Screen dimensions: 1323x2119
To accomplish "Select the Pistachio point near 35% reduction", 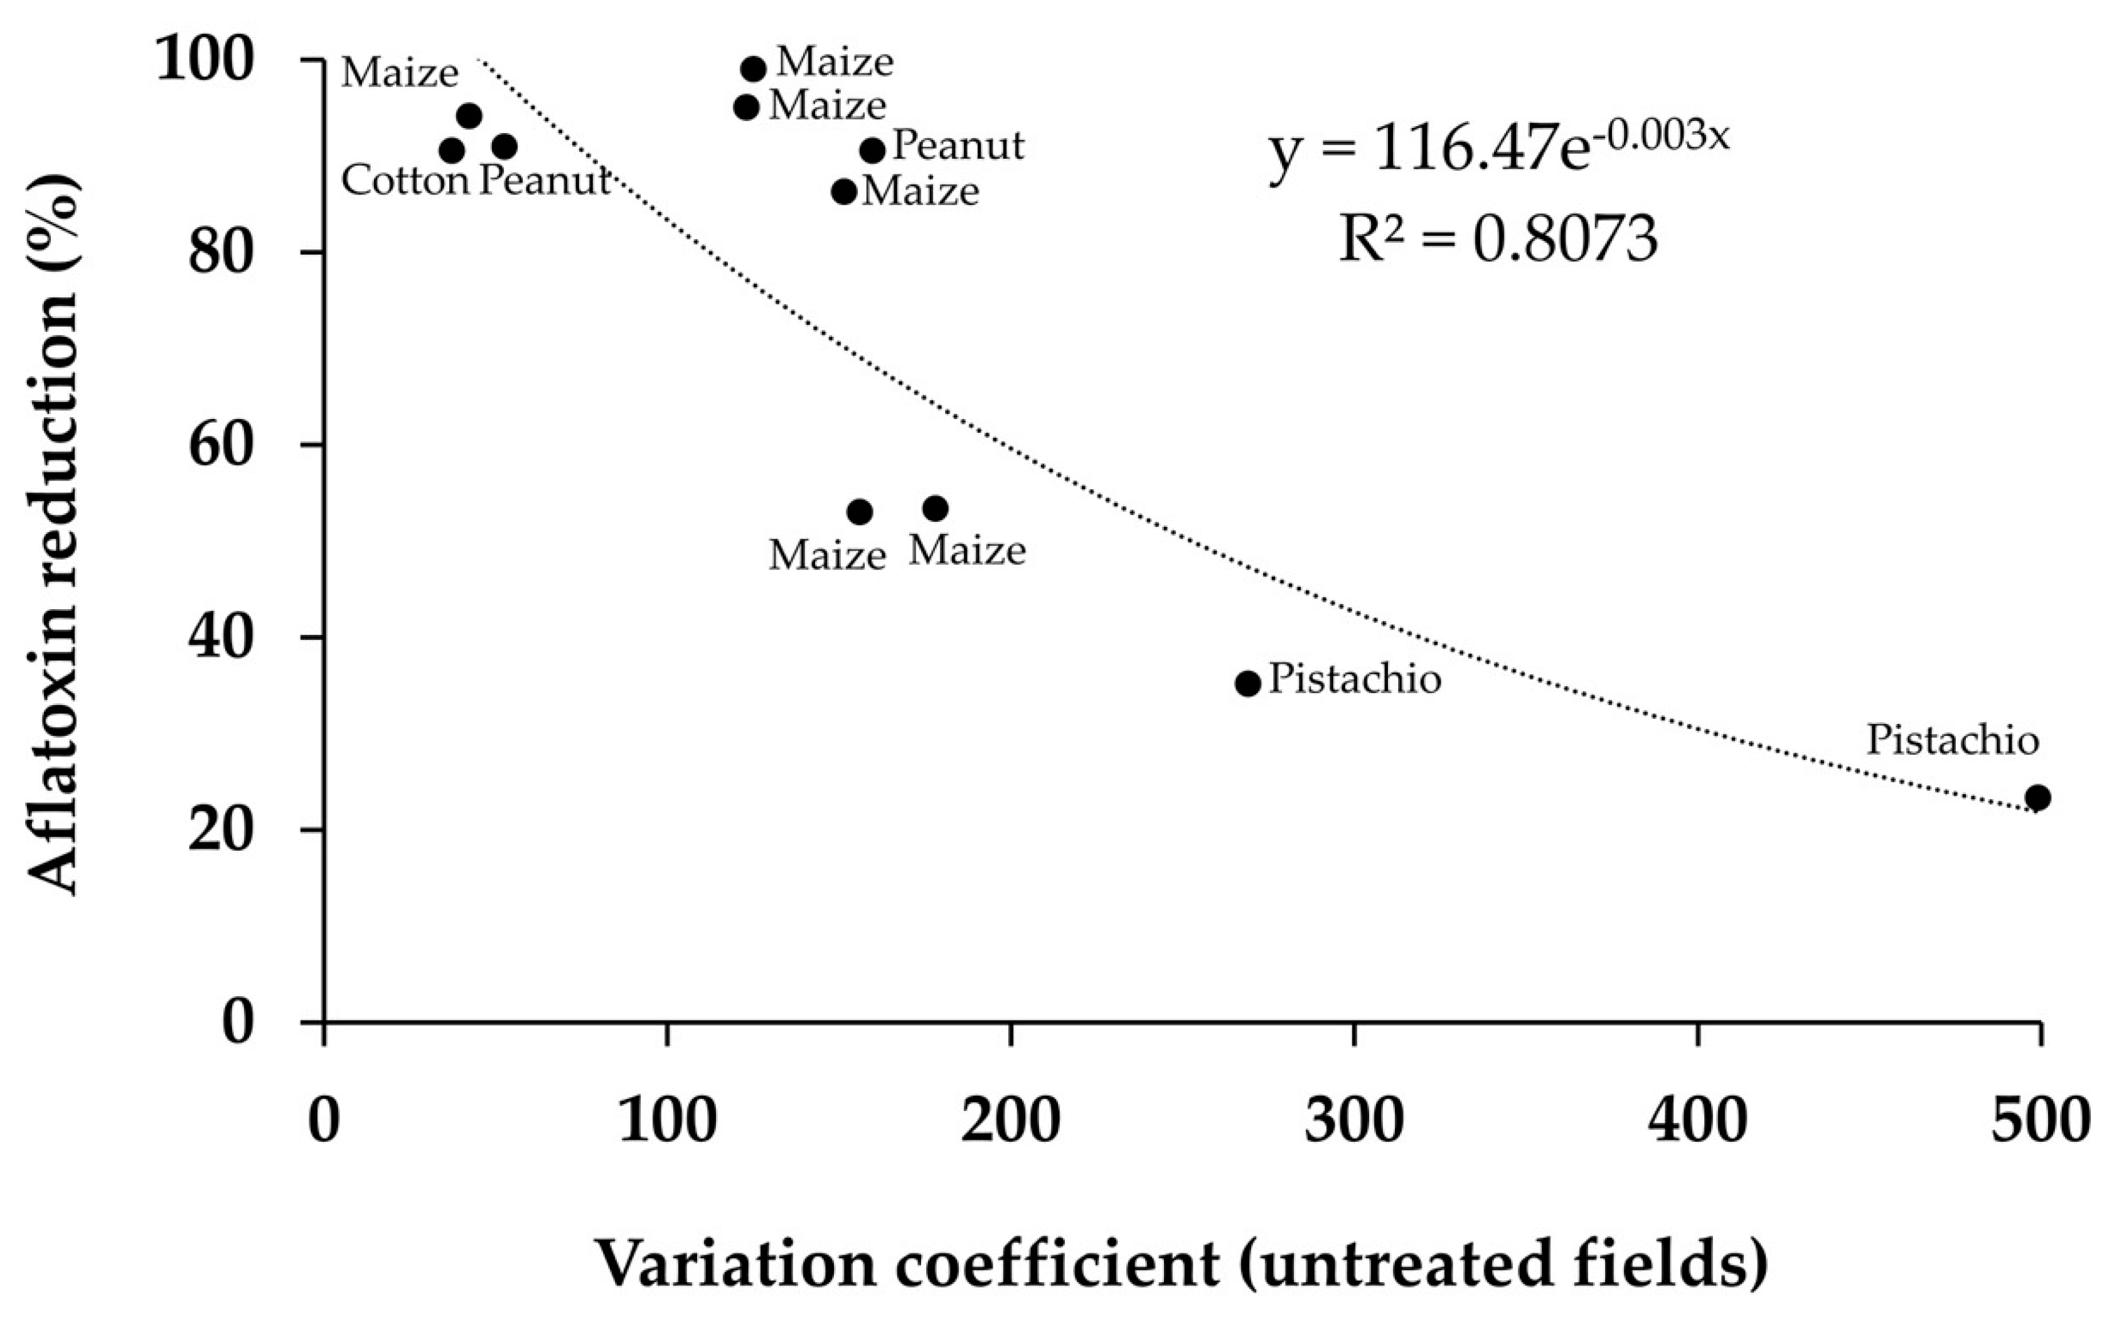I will pyautogui.click(x=1248, y=683).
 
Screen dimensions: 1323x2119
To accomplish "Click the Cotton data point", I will pyautogui.click(x=452, y=151).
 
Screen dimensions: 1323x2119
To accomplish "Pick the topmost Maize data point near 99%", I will pyautogui.click(x=754, y=68).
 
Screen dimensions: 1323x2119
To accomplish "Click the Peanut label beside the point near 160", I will pyautogui.click(x=958, y=146).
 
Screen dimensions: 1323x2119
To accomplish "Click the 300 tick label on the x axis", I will pyautogui.click(x=1354, y=1121).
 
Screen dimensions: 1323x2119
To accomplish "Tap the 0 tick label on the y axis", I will pyautogui.click(x=237, y=1022).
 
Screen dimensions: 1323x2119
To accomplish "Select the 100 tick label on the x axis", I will pyautogui.click(x=668, y=1121).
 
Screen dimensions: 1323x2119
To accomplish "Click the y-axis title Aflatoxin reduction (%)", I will pyautogui.click(x=53, y=534).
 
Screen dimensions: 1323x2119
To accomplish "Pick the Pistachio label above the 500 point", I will pyautogui.click(x=1953, y=740).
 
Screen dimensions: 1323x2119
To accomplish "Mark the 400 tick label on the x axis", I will pyautogui.click(x=1698, y=1121).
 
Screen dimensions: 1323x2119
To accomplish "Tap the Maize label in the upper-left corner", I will pyautogui.click(x=399, y=73).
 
